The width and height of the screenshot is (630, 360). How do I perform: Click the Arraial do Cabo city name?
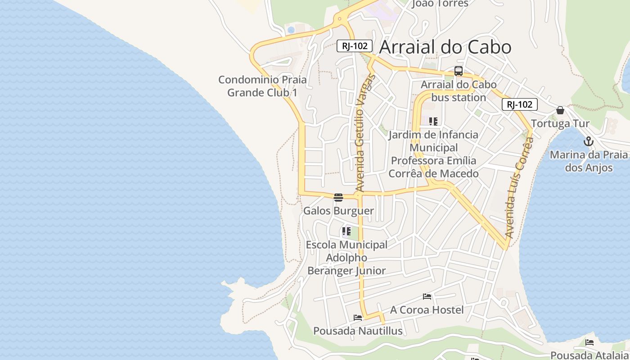coord(445,47)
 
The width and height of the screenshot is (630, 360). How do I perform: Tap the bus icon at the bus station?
coord(458,71)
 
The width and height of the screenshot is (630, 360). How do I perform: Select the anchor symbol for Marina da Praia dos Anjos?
coord(588,142)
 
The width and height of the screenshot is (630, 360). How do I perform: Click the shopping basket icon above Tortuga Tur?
coord(560,110)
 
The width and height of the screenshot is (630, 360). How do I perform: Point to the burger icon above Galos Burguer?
coord(338,198)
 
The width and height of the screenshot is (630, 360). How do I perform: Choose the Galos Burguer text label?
coord(338,211)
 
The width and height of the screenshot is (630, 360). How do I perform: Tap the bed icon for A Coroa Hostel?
coord(427,297)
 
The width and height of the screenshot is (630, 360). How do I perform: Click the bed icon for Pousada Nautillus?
coord(358,318)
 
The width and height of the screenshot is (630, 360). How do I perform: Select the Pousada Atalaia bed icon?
coord(589,342)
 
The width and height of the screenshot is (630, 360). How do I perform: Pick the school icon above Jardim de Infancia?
coord(433,121)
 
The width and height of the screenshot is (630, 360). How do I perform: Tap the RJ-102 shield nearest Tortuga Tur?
coord(520,105)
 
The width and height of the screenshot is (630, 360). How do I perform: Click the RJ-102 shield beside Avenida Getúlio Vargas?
coord(355,46)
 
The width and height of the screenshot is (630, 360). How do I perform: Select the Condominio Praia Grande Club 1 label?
coord(262,86)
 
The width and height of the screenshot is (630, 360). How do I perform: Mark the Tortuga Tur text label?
coord(560,124)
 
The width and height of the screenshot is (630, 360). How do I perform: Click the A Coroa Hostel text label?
coord(427,310)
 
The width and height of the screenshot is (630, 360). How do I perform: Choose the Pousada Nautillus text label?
coord(358,331)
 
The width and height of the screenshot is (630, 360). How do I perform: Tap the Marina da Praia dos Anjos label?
coord(589,162)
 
